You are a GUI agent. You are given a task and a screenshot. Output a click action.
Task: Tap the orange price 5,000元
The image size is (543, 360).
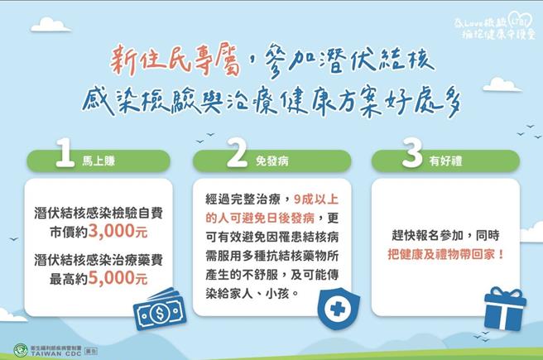pyautogui.click(x=121, y=279)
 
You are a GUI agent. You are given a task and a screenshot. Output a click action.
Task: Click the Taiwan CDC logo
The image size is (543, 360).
pyautogui.click(x=22, y=349)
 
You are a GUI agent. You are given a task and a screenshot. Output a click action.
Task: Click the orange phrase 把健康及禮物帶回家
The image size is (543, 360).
pyautogui.click(x=443, y=252)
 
